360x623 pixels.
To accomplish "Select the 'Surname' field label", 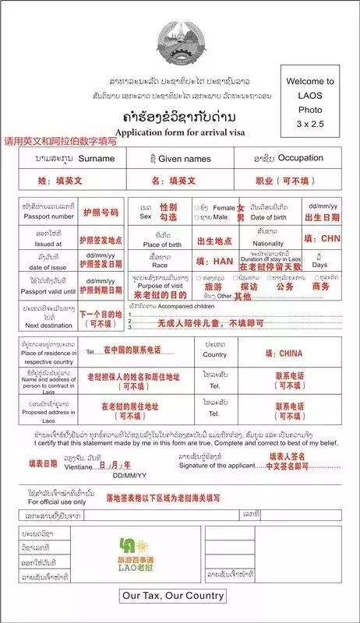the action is click(x=97, y=158).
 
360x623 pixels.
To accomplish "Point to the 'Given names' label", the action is click(x=185, y=158).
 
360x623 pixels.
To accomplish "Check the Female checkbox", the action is click(x=196, y=208).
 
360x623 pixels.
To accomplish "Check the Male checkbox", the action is click(x=196, y=216).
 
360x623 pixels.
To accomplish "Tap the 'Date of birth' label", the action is click(x=268, y=216).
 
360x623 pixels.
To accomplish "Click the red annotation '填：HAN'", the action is click(x=212, y=261).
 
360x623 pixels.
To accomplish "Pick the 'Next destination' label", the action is click(x=48, y=324).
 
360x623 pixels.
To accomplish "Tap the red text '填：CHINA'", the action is click(x=284, y=353).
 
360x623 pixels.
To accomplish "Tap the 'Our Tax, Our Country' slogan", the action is click(x=173, y=596).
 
